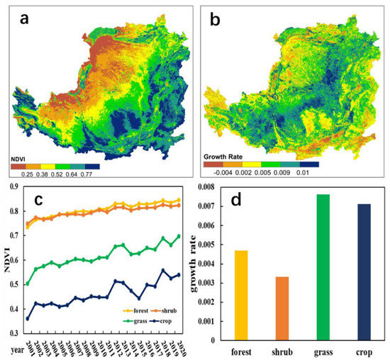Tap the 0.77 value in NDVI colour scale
tap(91, 173)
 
